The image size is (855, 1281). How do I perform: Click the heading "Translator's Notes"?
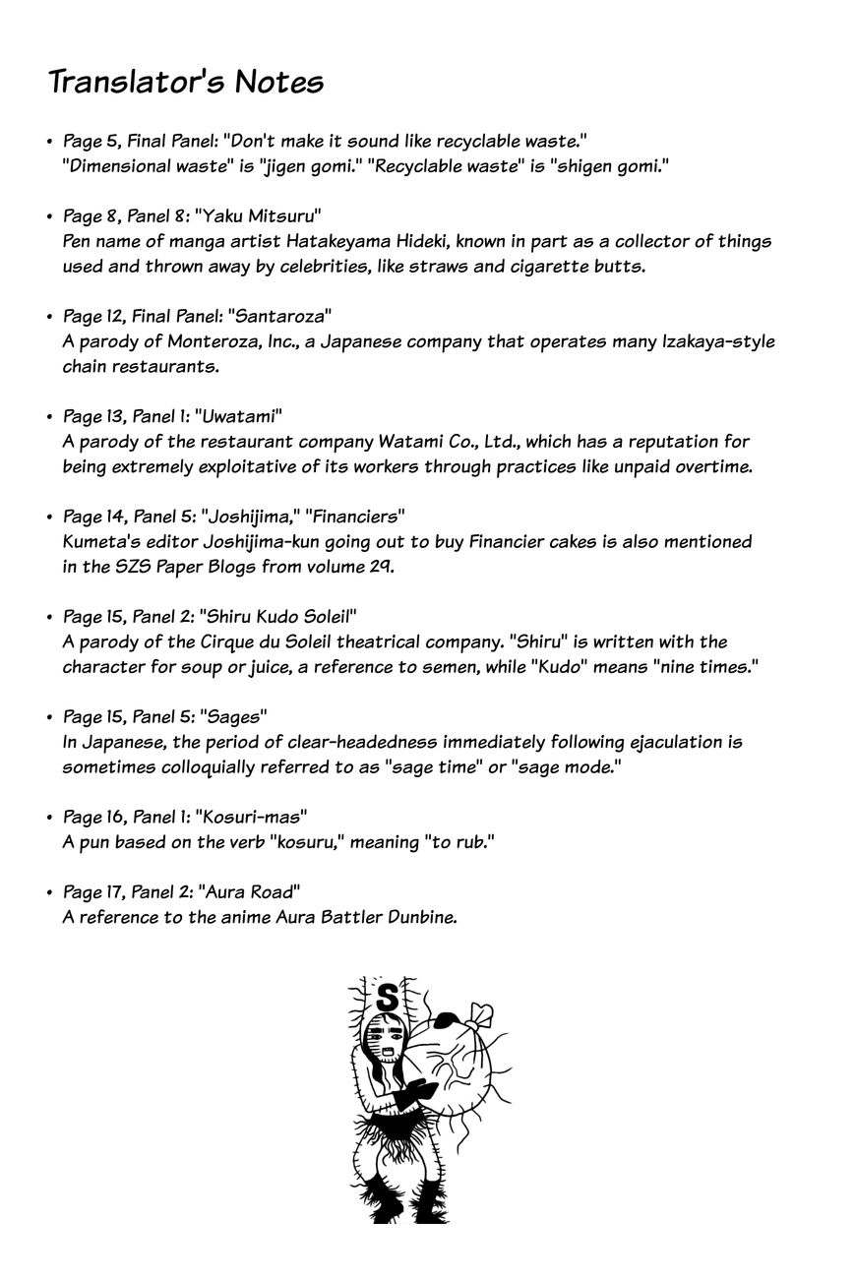click(x=186, y=82)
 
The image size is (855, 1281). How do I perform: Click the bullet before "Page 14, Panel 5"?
click(x=48, y=518)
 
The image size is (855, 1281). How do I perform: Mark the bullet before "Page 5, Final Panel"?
click(x=48, y=143)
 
